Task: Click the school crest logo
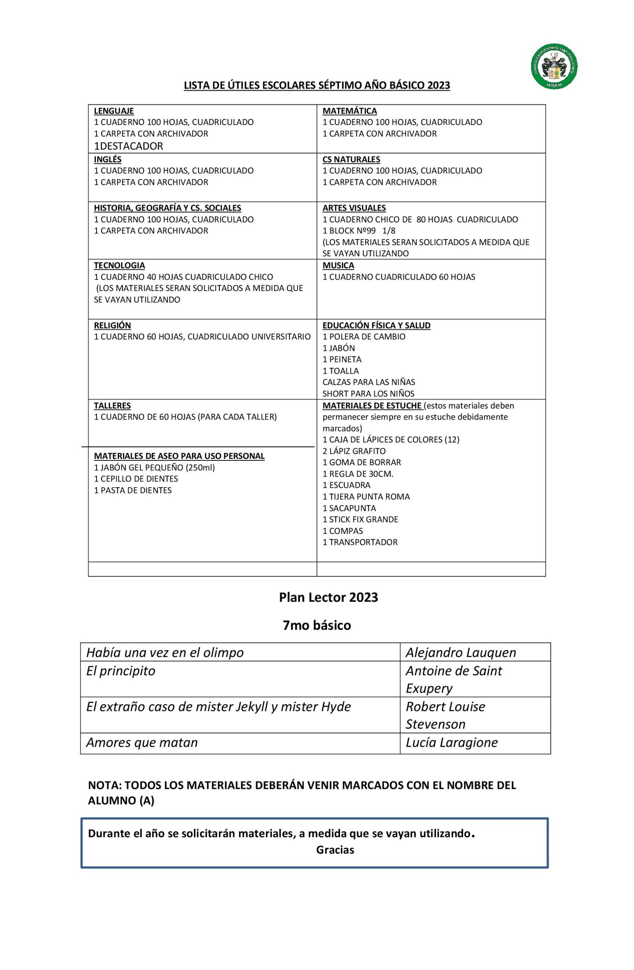553,66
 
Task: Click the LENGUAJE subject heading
114,111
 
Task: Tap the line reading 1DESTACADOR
128,146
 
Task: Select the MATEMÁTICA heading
350,111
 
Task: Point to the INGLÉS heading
108,160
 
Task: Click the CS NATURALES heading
351,160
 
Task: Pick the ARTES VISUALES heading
354,208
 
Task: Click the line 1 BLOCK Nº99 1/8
359,231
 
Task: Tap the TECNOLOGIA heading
119,265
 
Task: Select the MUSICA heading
338,265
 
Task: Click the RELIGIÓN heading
112,325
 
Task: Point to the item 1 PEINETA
342,360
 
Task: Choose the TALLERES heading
112,405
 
